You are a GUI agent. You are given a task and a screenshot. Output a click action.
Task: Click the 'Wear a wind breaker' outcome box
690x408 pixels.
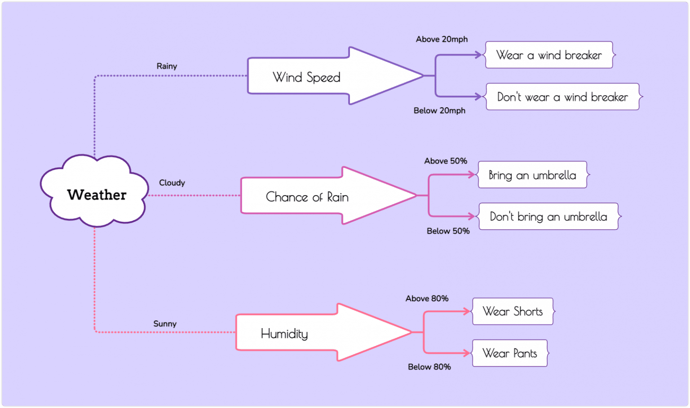click(x=549, y=55)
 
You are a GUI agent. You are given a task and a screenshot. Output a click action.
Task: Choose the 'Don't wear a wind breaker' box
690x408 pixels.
click(x=562, y=97)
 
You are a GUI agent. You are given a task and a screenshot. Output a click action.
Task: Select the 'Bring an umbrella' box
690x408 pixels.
click(x=532, y=175)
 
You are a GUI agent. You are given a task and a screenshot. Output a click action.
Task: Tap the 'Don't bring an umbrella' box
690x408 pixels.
click(x=548, y=217)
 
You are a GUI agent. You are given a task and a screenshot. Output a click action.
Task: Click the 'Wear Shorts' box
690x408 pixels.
click(x=513, y=311)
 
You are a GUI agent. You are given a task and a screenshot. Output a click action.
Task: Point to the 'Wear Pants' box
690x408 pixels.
click(x=510, y=353)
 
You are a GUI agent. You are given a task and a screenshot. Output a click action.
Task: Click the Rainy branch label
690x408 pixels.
click(x=167, y=66)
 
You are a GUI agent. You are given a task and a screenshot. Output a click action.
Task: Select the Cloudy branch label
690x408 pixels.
click(x=172, y=183)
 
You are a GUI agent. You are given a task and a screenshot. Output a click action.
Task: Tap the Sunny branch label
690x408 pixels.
click(x=165, y=324)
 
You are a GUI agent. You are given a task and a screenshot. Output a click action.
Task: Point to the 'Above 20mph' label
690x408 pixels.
click(x=442, y=39)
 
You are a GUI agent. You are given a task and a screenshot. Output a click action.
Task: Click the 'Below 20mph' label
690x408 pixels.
click(x=439, y=110)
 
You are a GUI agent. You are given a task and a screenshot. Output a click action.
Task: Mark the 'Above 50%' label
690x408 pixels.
click(x=446, y=161)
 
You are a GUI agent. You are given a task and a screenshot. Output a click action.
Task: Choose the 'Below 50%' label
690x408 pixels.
click(x=448, y=231)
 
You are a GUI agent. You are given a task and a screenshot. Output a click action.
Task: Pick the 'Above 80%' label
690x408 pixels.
click(x=427, y=298)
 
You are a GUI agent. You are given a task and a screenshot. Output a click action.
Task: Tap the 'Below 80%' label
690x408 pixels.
click(x=429, y=367)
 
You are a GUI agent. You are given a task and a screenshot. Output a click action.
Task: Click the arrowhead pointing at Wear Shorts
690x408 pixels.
click(x=467, y=311)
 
